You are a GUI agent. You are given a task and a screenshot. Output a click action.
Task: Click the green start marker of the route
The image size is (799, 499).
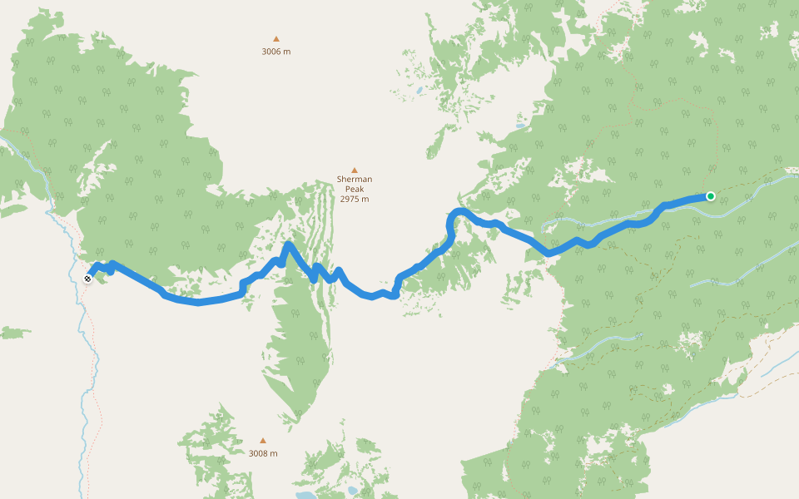(x=710, y=196)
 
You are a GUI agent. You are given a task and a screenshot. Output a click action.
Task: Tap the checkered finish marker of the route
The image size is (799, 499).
(x=87, y=279)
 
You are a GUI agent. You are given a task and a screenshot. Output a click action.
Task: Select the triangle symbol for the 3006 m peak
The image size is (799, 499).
(x=276, y=38)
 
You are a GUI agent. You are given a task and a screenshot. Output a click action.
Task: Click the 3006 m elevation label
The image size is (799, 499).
(x=276, y=52)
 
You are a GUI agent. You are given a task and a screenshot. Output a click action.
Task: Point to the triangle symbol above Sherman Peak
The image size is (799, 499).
(x=354, y=170)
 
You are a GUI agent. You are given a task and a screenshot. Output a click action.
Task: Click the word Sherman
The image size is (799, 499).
(x=354, y=180)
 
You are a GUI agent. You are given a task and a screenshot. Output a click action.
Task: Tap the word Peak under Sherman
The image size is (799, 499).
(x=354, y=190)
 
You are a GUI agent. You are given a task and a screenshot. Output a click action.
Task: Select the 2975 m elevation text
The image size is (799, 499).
(x=354, y=200)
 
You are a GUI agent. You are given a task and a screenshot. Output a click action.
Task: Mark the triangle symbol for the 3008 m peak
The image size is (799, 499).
(x=263, y=441)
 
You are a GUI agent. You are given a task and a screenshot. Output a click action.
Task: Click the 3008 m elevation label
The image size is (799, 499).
(x=263, y=454)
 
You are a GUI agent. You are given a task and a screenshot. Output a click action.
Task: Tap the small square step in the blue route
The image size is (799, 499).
(x=243, y=286)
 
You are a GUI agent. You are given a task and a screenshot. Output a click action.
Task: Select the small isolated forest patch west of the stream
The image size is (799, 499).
(x=14, y=333)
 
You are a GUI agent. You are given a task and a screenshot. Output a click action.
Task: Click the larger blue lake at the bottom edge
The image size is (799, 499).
(x=305, y=494)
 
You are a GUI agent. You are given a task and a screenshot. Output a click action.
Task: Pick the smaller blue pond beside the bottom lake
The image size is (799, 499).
(x=353, y=490)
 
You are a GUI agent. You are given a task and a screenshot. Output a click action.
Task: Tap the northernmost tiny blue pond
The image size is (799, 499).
(x=420, y=90)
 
